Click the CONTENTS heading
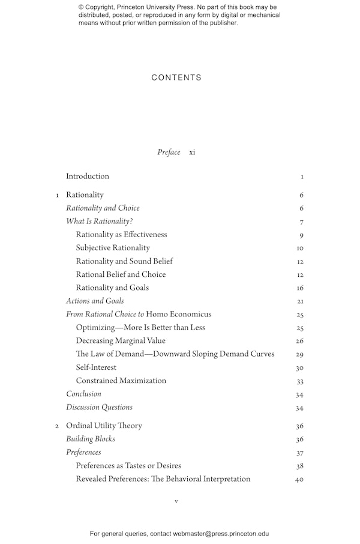point(176,77)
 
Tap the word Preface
point(169,153)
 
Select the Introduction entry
point(88,177)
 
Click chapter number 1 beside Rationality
point(57,195)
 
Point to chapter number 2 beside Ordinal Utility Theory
point(57,426)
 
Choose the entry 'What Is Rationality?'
point(99,222)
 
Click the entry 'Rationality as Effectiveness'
point(121,235)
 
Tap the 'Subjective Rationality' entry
point(113,248)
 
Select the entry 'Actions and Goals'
point(95,301)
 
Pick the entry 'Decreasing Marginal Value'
point(121,341)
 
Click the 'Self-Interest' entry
point(96,367)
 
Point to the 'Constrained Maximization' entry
point(121,381)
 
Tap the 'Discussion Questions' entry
point(99,407)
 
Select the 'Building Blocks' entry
point(90,439)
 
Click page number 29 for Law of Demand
point(300,355)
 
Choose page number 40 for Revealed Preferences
point(300,480)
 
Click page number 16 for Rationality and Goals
point(300,288)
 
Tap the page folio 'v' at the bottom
point(176,501)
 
